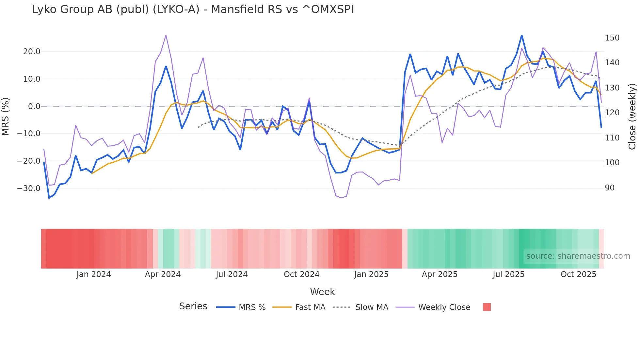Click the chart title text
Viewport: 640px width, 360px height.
(193, 9)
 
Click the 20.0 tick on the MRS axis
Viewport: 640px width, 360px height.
(32, 52)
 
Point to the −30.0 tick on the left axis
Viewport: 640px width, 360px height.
(29, 188)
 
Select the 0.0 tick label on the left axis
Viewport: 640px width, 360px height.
(34, 106)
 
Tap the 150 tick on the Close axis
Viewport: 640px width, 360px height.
(612, 38)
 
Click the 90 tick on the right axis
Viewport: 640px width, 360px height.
(610, 188)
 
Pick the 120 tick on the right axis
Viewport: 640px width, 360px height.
(612, 113)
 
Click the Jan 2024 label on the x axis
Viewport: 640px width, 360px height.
(94, 274)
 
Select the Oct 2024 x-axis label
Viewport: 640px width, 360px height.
(301, 274)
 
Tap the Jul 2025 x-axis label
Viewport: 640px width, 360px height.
(508, 274)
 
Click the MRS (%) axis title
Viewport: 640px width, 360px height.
(6, 117)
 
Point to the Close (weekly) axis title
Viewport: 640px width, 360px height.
(632, 117)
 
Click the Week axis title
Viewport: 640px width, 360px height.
(322, 292)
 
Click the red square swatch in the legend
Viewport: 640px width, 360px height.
(487, 307)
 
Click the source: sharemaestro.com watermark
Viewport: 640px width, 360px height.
(578, 256)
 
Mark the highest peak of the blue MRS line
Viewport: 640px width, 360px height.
(521, 35)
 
